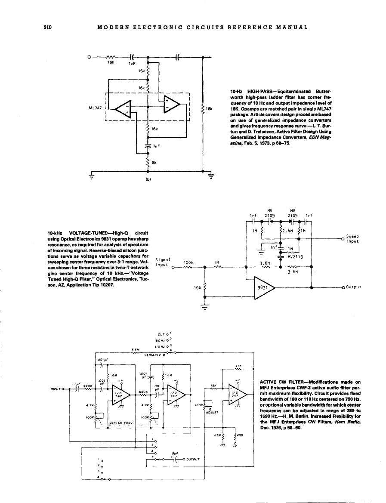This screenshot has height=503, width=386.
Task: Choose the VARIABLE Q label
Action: pos(154,355)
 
